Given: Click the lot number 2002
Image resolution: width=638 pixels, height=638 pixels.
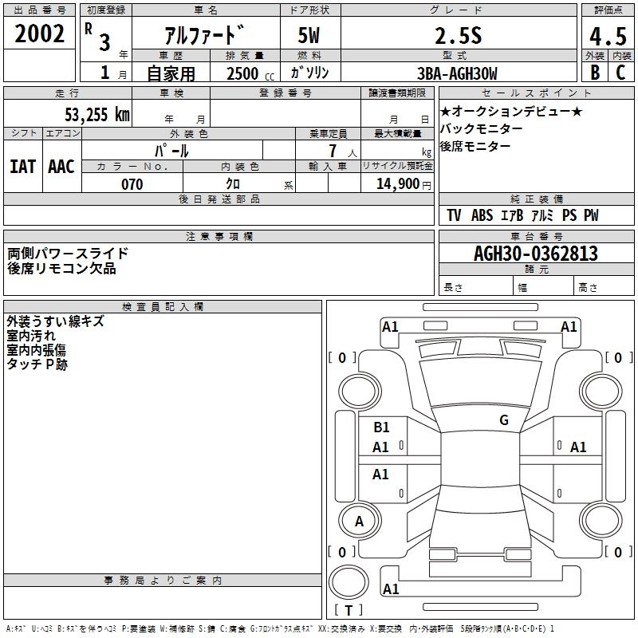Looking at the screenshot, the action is click(x=40, y=34).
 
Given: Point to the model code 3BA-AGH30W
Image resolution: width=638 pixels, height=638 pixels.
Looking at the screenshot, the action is click(x=457, y=74).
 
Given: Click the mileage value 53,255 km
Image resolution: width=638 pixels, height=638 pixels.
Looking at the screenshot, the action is click(x=97, y=113).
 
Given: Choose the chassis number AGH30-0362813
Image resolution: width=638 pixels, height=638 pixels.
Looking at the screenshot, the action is click(x=536, y=254).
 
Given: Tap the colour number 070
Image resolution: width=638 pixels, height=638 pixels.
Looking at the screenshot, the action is click(x=132, y=184).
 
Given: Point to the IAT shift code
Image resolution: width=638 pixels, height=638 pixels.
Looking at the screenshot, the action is click(x=22, y=166).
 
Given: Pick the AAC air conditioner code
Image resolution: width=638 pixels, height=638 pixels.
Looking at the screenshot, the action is click(x=61, y=166).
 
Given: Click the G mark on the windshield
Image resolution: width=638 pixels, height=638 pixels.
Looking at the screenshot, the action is click(x=503, y=420).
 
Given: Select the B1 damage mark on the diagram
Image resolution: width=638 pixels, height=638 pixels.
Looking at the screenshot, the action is click(x=381, y=427).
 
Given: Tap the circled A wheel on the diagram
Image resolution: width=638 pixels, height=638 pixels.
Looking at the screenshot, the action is click(x=359, y=522).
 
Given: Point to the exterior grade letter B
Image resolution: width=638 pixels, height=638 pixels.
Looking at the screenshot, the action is click(x=594, y=74).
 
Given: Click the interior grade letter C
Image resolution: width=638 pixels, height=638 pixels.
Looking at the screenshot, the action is click(x=620, y=74).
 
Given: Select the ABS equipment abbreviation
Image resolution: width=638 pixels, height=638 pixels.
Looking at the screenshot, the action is click(x=482, y=215).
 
